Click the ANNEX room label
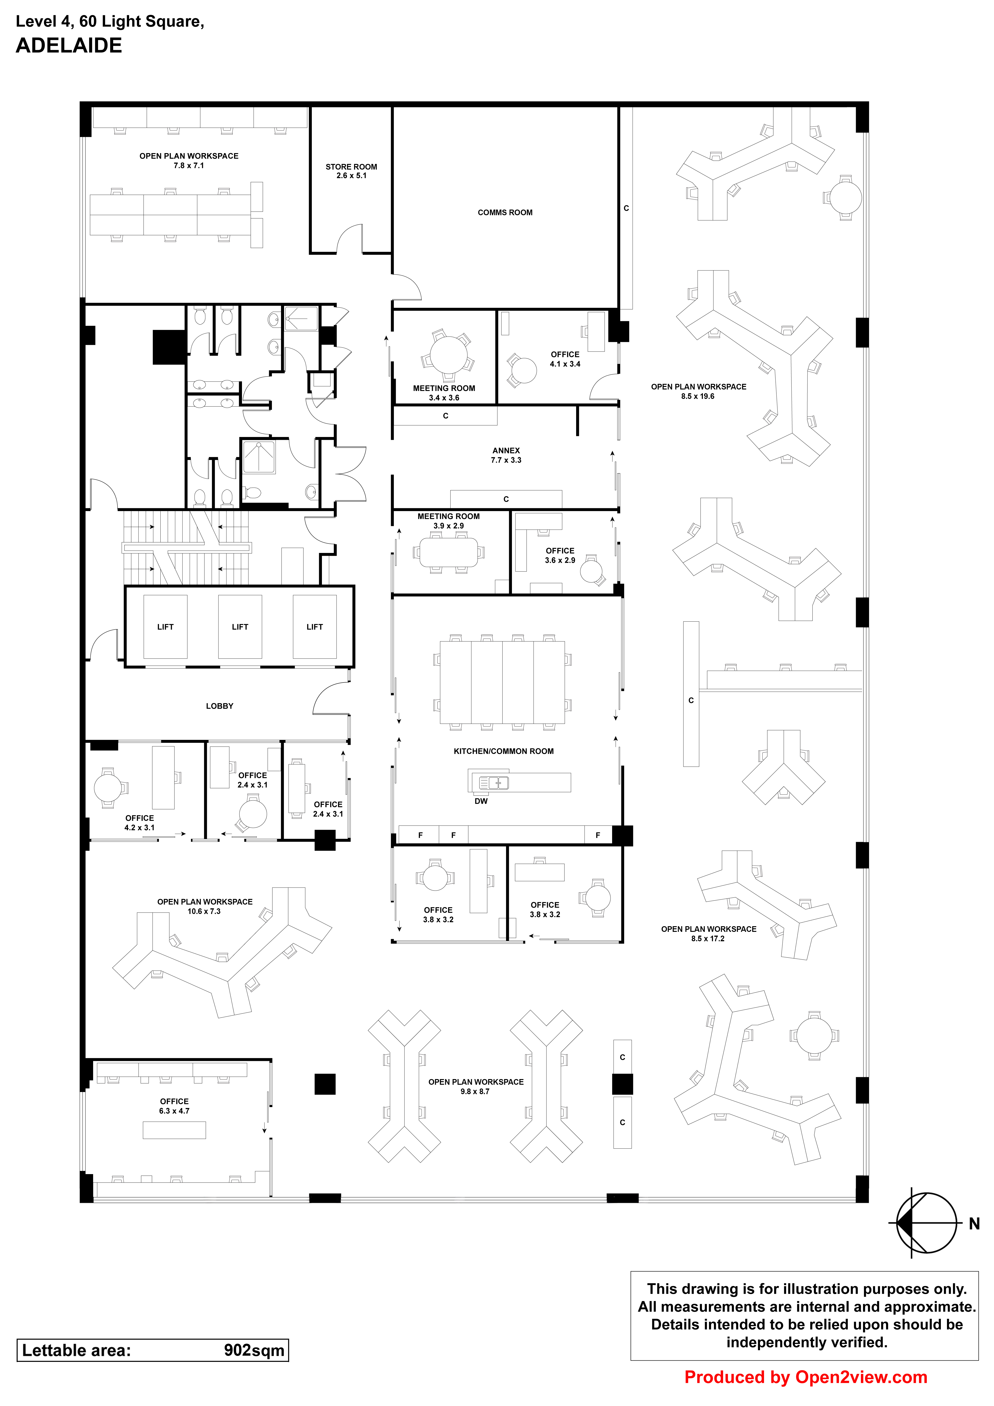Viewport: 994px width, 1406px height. click(x=506, y=451)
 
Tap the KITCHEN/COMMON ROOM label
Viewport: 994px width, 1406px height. click(x=503, y=751)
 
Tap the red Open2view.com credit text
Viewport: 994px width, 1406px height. click(x=805, y=1377)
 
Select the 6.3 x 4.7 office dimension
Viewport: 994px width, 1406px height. click(x=174, y=1111)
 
